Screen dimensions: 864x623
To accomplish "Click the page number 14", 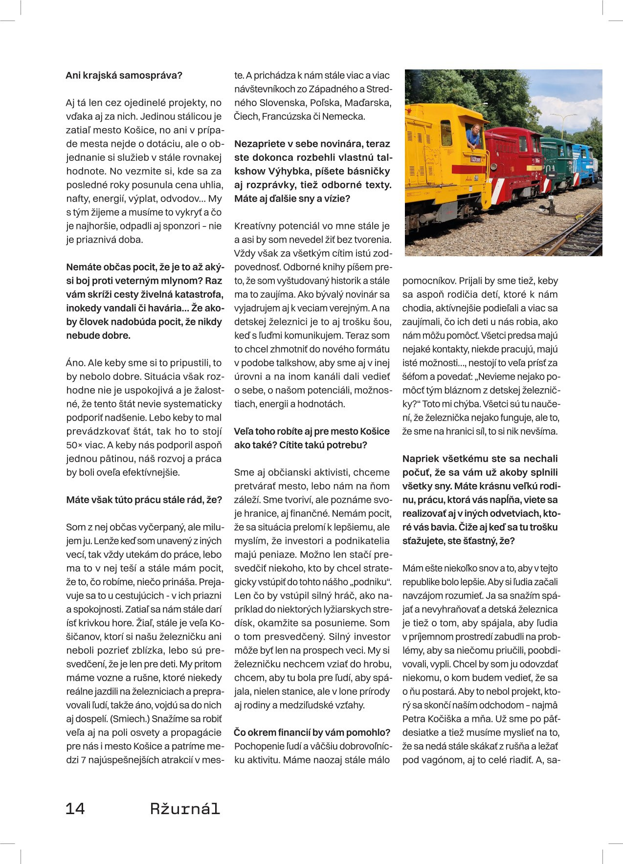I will pyautogui.click(x=75, y=808).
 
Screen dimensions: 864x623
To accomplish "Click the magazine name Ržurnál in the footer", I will pyautogui.click(x=185, y=808).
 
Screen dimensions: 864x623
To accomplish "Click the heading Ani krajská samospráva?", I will pyautogui.click(x=124, y=75).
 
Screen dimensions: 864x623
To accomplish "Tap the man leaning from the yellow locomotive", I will pyautogui.click(x=473, y=135).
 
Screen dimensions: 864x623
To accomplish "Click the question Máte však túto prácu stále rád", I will pyautogui.click(x=144, y=500).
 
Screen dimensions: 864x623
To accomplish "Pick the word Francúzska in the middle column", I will pyautogui.click(x=287, y=116).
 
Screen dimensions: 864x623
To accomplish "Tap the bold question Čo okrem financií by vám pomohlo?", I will pyautogui.click(x=312, y=732).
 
